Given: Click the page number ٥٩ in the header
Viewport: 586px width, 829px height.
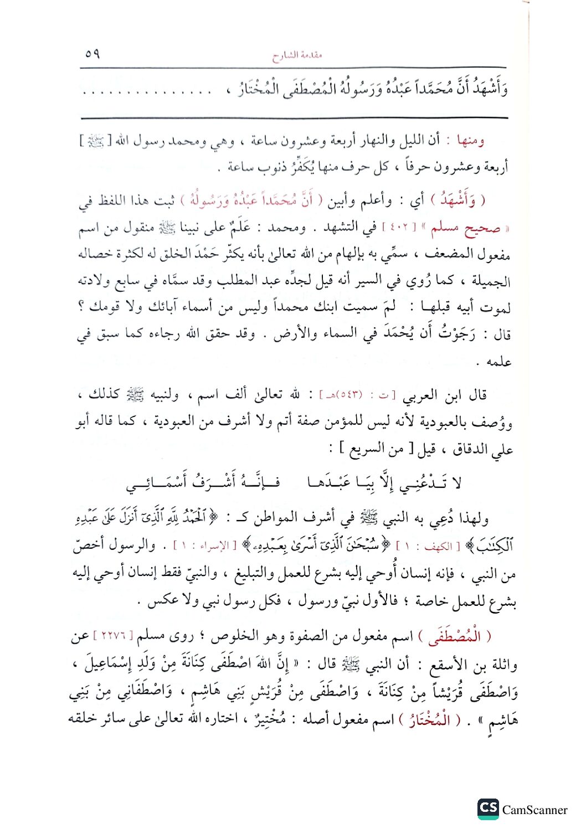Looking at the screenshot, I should [x=92, y=54].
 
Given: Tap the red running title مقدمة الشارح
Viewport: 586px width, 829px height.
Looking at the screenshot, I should [x=297, y=55].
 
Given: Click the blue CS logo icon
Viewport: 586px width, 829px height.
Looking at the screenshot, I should [x=488, y=809].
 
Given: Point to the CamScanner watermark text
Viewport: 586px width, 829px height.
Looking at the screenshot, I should [x=534, y=810].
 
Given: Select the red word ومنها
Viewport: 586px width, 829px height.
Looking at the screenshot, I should [x=470, y=141].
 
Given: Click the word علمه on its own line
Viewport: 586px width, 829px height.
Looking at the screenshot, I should [x=498, y=362].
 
